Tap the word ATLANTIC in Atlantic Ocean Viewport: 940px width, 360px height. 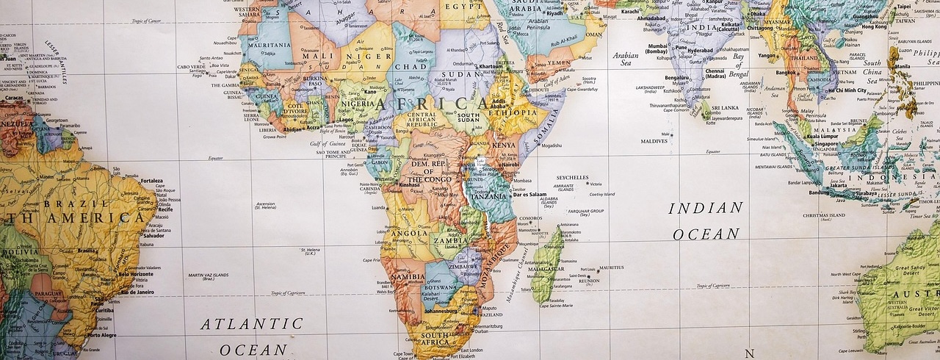(x=253, y=324)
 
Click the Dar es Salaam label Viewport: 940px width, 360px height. (x=529, y=195)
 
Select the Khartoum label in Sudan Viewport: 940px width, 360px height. (x=491, y=67)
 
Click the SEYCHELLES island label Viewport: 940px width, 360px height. (x=572, y=177)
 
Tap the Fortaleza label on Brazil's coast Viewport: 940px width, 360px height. (x=151, y=181)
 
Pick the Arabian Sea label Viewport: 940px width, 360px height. (x=626, y=60)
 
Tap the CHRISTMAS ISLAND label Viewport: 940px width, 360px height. (x=825, y=216)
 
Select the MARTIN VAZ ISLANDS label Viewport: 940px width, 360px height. (x=208, y=276)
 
